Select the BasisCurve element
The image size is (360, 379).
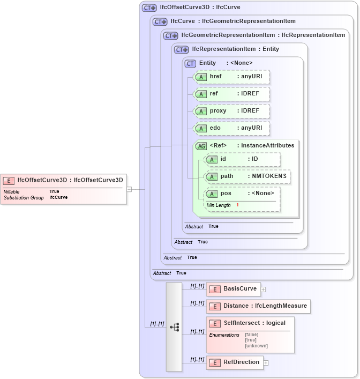click(x=233, y=289)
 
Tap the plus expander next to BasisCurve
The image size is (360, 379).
click(x=264, y=289)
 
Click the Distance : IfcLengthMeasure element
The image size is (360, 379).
click(x=258, y=306)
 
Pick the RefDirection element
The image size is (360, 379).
click(x=235, y=362)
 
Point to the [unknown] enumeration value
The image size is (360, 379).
click(x=256, y=346)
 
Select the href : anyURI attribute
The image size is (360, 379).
click(x=231, y=77)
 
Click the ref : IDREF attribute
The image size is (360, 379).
click(x=231, y=94)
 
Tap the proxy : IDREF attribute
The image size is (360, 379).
click(x=231, y=111)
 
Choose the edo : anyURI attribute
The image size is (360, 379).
click(x=231, y=128)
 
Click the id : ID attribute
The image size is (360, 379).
click(x=243, y=159)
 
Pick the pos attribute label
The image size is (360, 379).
click(x=226, y=194)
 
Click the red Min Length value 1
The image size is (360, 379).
click(x=237, y=205)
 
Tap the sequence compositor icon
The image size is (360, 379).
click(x=174, y=326)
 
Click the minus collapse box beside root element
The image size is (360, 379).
click(x=129, y=189)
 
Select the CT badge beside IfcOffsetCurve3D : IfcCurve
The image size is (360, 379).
click(x=149, y=8)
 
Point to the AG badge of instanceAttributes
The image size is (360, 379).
click(x=201, y=146)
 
